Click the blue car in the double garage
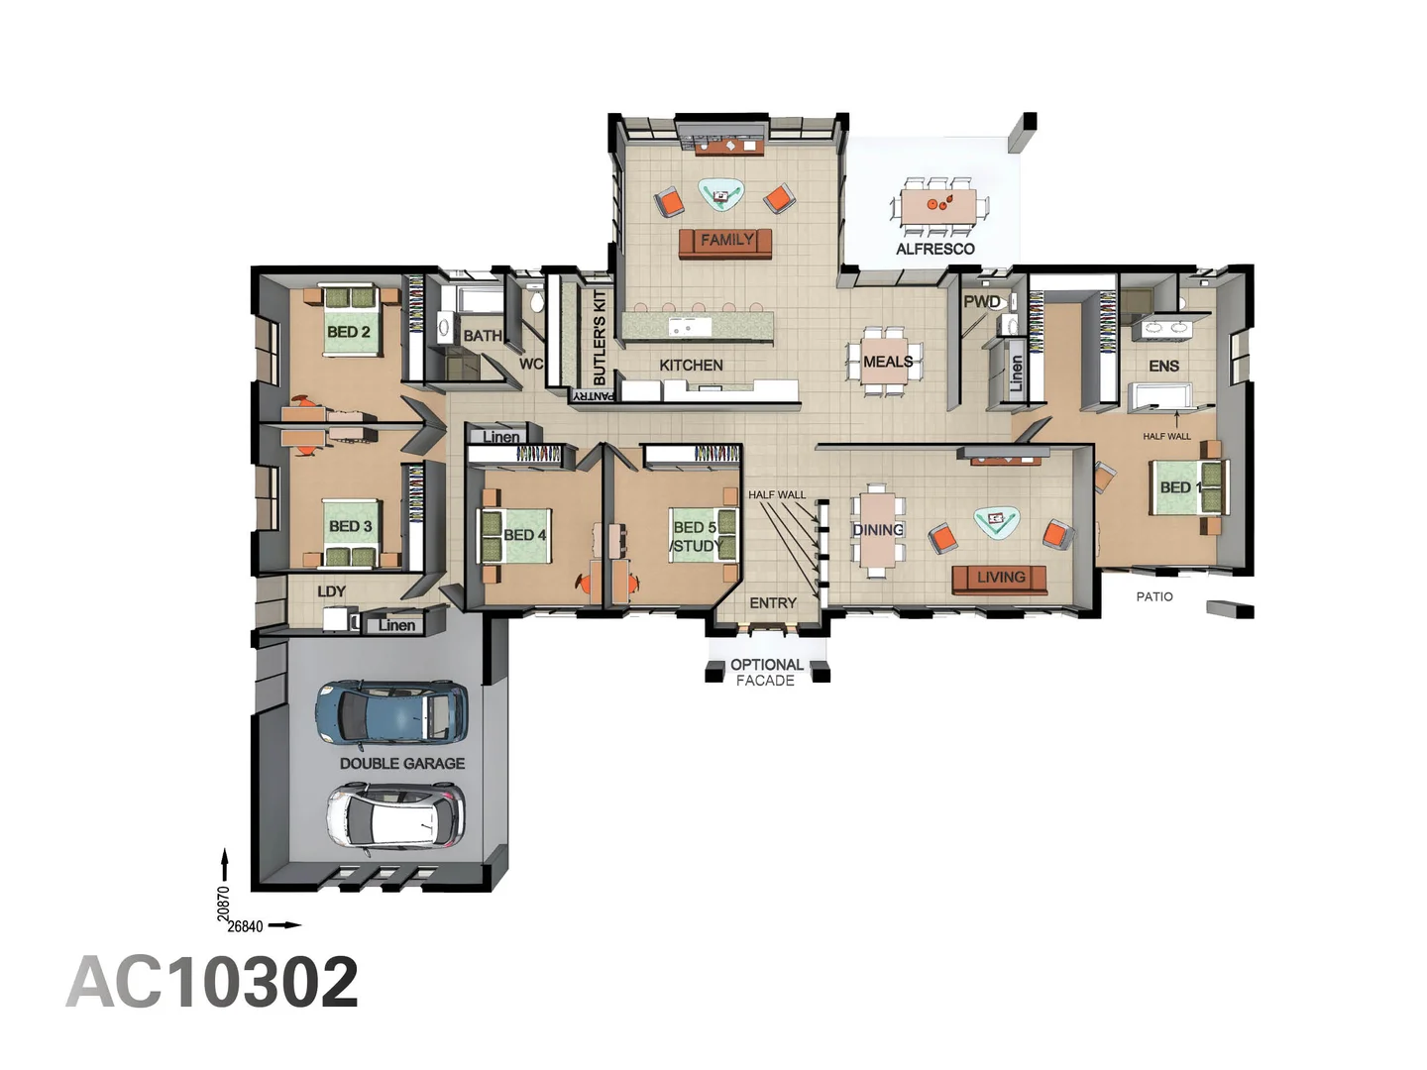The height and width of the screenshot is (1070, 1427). [x=390, y=712]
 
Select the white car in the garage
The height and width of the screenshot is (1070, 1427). [x=395, y=815]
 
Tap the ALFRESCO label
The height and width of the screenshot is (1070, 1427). [x=934, y=249]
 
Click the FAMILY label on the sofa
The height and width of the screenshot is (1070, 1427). [x=726, y=240]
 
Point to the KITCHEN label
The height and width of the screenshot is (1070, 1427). [x=691, y=365]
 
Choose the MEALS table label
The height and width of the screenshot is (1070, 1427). [x=887, y=362]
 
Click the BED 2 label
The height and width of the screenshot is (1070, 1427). [x=348, y=332]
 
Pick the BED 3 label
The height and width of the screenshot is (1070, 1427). [x=350, y=526]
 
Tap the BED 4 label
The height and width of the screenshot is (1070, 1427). [x=524, y=535]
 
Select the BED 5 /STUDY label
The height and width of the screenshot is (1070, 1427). [x=696, y=536]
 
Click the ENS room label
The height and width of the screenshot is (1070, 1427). [x=1163, y=366]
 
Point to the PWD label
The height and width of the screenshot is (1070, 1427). [x=981, y=301]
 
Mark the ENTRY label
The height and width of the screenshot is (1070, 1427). [x=772, y=602]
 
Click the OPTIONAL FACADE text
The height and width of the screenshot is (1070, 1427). [x=766, y=672]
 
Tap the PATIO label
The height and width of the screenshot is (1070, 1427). [x=1153, y=596]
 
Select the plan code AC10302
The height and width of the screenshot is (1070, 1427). [x=212, y=983]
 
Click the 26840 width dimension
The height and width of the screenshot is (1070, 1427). [x=246, y=926]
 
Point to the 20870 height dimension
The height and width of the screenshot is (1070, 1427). [x=223, y=903]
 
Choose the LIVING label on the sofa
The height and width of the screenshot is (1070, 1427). [x=1000, y=577]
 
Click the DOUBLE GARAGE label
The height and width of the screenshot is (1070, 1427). [x=401, y=763]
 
